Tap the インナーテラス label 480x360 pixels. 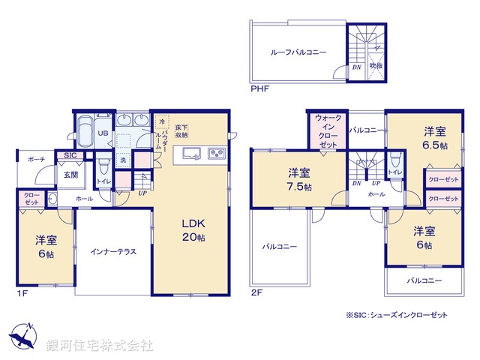click(x=114, y=251)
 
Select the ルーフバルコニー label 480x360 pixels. click(x=298, y=52)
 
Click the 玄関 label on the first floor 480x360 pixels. click(x=70, y=175)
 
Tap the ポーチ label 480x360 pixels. click(x=36, y=160)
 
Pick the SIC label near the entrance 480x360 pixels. click(x=70, y=155)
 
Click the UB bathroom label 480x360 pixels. click(x=104, y=133)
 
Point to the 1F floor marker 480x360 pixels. click(x=22, y=293)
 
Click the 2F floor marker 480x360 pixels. click(x=256, y=293)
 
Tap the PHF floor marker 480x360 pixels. click(x=259, y=89)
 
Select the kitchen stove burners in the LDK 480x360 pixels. click(x=216, y=154)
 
